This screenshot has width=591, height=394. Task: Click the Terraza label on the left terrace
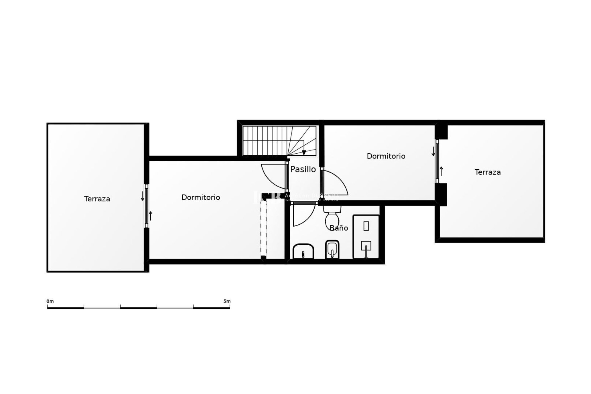pyautogui.click(x=97, y=199)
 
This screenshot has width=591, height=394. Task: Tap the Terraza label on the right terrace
pyautogui.click(x=487, y=172)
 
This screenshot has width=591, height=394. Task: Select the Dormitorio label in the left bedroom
pyautogui.click(x=201, y=197)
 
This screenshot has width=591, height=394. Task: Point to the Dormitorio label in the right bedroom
pyautogui.click(x=386, y=156)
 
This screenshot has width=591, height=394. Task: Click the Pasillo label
pyautogui.click(x=303, y=169)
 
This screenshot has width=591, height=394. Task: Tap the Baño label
pyautogui.click(x=339, y=228)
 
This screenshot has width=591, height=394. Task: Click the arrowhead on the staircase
pyautogui.click(x=304, y=153)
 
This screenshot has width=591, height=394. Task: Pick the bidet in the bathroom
pyautogui.click(x=332, y=249)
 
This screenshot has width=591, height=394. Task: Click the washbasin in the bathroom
pyautogui.click(x=303, y=251)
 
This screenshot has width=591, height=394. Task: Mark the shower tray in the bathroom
pyautogui.click(x=366, y=236)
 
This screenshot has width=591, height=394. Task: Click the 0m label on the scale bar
pyautogui.click(x=50, y=301)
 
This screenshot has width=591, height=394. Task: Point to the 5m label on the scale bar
pyautogui.click(x=227, y=301)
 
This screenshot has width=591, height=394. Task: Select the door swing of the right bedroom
pyautogui.click(x=335, y=183)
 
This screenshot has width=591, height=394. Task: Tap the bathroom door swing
pyautogui.click(x=303, y=215)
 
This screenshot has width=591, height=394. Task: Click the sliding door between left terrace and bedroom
pyautogui.click(x=147, y=206)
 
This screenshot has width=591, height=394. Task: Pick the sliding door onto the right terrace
pyautogui.click(x=437, y=161)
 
